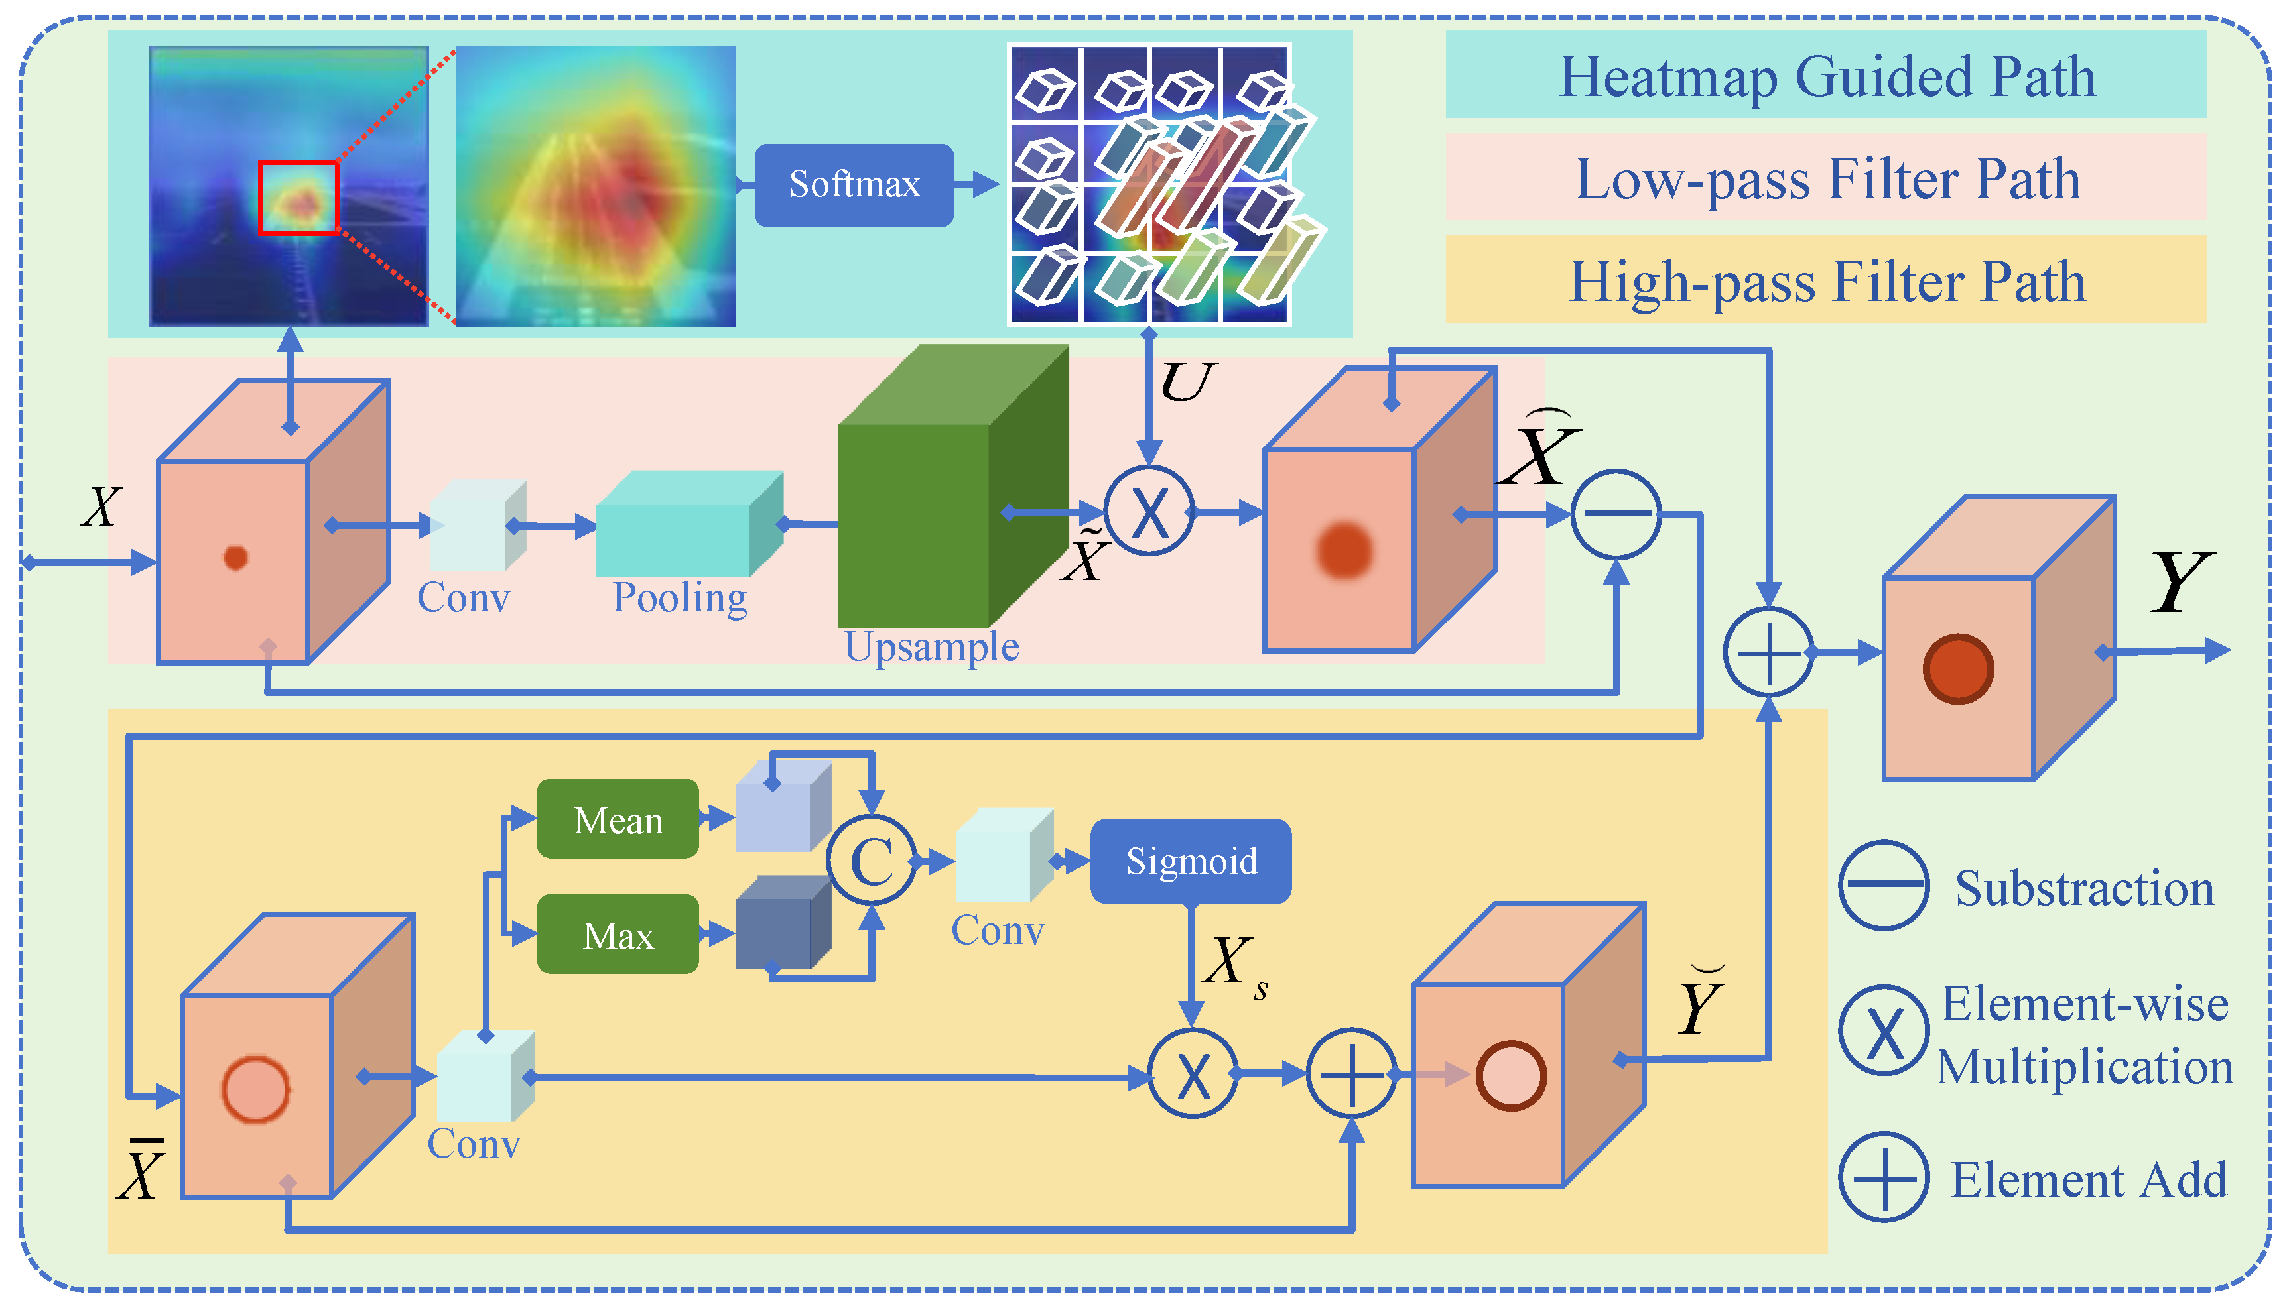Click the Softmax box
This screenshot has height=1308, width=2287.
[853, 184]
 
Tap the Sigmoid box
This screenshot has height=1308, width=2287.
[1190, 861]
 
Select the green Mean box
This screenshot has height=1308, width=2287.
[618, 819]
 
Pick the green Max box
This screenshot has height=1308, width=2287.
[618, 934]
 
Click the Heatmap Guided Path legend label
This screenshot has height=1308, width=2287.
[1825, 76]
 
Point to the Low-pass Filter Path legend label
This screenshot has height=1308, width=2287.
[1825, 178]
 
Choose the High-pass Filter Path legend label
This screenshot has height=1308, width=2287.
[1825, 281]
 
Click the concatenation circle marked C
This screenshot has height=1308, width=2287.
[871, 861]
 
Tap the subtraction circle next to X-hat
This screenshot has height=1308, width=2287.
[1616, 514]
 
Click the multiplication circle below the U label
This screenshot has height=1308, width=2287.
[1148, 512]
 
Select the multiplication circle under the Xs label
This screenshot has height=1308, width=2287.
[1193, 1073]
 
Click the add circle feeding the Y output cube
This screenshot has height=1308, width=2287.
[1768, 652]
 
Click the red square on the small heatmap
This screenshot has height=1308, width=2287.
[297, 198]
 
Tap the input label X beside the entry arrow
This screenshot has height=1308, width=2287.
[101, 508]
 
